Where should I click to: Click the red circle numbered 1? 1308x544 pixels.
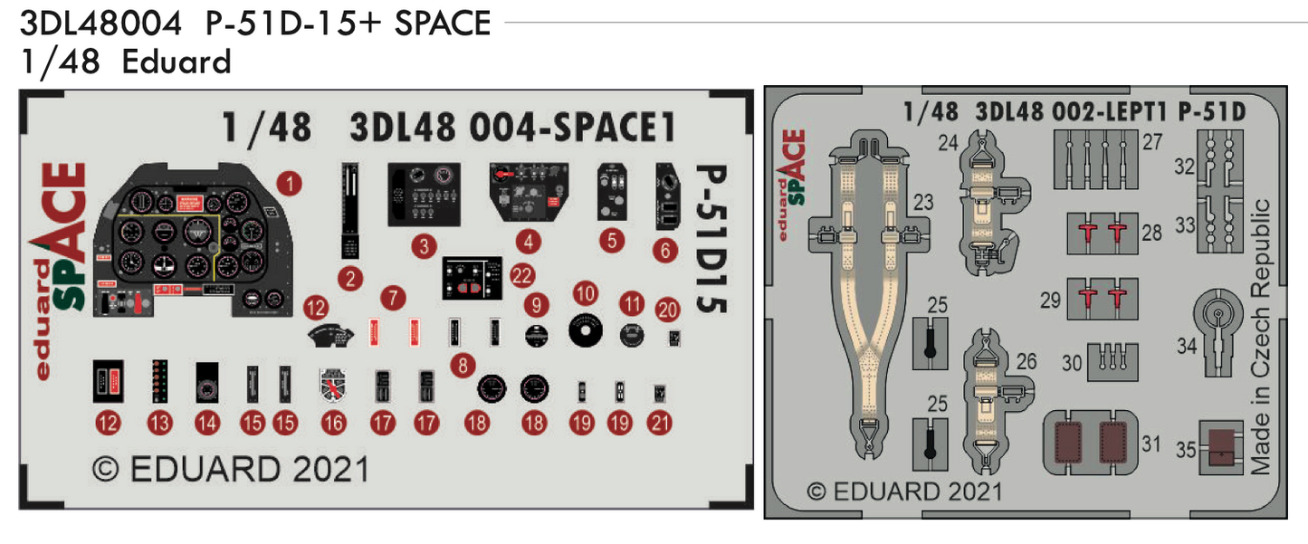pos(290,185)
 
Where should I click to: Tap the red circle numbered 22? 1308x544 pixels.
pos(521,275)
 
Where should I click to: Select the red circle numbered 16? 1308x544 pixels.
pos(333,422)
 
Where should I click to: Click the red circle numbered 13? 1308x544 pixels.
pos(160,422)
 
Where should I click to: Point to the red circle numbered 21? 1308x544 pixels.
pos(662,422)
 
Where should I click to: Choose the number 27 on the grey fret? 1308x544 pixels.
pos(1151,142)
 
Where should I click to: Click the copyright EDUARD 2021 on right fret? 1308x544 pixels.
pos(904,492)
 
